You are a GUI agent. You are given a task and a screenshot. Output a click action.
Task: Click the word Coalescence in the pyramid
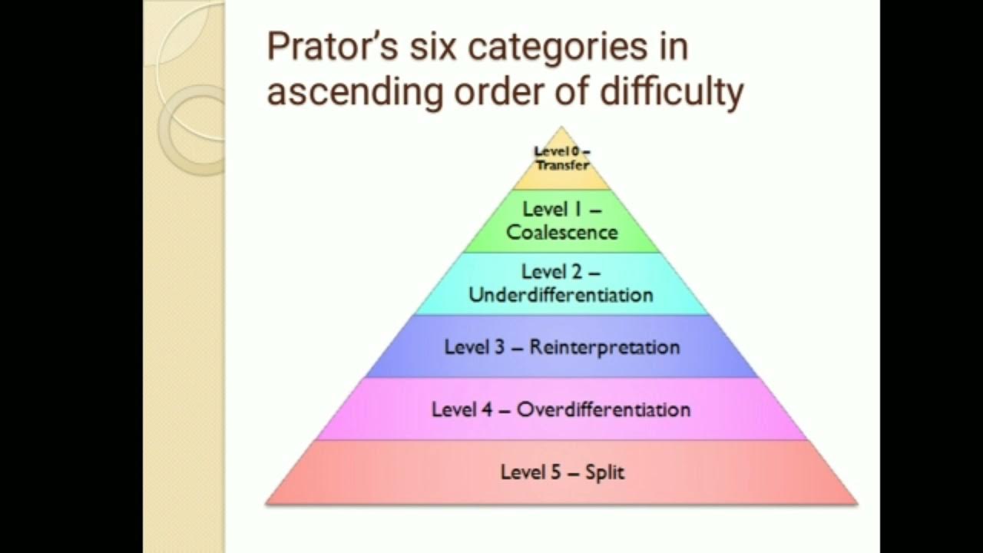pyautogui.click(x=561, y=232)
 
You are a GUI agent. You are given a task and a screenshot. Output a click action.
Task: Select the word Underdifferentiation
pyautogui.click(x=561, y=295)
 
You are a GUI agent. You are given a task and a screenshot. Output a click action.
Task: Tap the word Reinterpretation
pyautogui.click(x=604, y=347)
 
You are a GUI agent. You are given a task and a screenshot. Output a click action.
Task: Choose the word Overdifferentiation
pyautogui.click(x=603, y=409)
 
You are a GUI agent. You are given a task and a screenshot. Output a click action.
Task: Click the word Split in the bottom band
pyautogui.click(x=605, y=472)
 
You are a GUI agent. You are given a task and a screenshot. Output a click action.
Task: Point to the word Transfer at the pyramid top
pyautogui.click(x=563, y=165)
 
